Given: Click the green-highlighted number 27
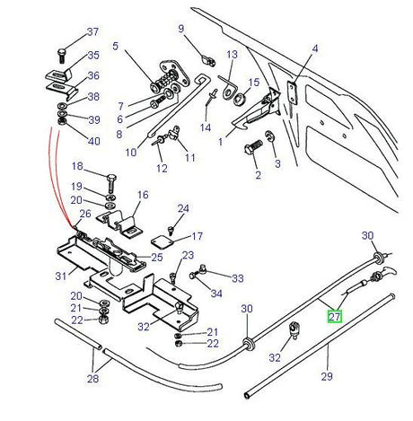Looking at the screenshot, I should point(334,317).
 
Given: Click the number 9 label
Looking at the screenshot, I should point(180,29).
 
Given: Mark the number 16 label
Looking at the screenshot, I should point(143,195).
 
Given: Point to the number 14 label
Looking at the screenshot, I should point(206,128).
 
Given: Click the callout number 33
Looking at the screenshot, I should point(238,279).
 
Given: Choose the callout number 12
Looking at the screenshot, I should point(162,168).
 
